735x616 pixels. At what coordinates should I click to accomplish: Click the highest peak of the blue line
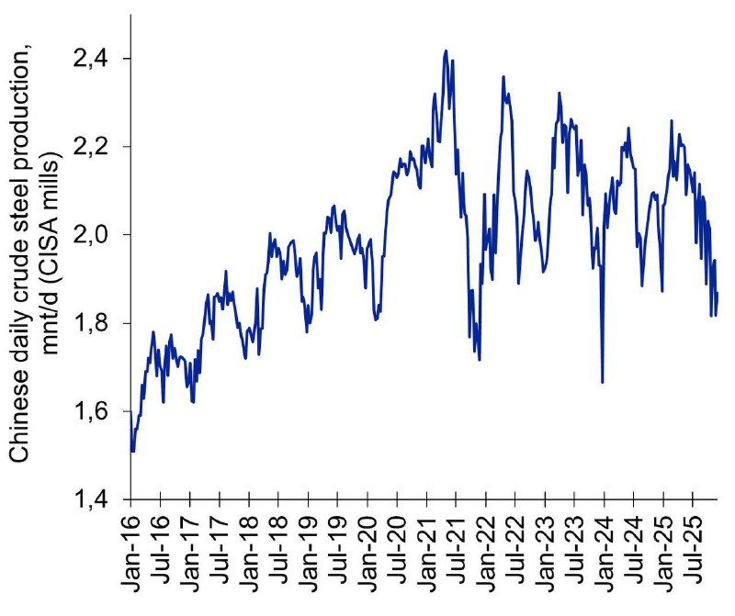tap(446, 50)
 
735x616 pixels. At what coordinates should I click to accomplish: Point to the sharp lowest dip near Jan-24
tap(603, 382)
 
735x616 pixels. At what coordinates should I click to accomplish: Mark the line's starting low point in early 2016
tap(133, 451)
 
